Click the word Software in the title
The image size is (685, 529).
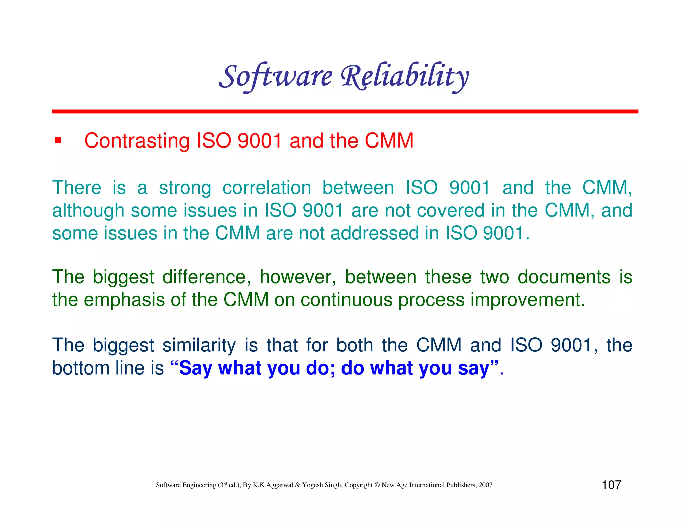tap(276, 76)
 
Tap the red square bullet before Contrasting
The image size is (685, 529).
tap(58, 140)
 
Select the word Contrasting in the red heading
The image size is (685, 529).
tap(137, 141)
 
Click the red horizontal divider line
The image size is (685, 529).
tap(345, 111)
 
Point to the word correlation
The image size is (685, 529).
tap(267, 187)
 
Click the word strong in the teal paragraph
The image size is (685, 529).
tap(185, 188)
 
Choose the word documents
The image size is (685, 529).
tap(564, 277)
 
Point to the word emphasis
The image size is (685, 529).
tap(124, 300)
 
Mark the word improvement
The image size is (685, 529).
tap(527, 300)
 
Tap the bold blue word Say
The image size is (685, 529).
tap(195, 368)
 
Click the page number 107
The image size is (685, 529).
tap(611, 485)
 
